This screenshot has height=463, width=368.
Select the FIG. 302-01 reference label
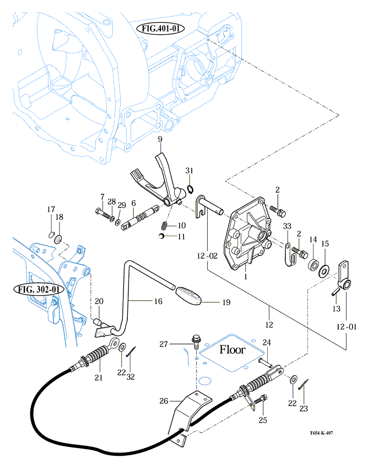click(37, 289)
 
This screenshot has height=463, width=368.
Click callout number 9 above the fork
click(160, 141)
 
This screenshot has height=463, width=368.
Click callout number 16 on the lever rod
click(158, 302)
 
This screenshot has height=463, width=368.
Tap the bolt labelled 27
click(196, 338)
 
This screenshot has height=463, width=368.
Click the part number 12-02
click(206, 256)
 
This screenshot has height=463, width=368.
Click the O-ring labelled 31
click(190, 190)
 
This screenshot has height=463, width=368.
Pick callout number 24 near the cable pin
click(267, 343)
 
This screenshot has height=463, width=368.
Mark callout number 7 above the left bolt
click(102, 197)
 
